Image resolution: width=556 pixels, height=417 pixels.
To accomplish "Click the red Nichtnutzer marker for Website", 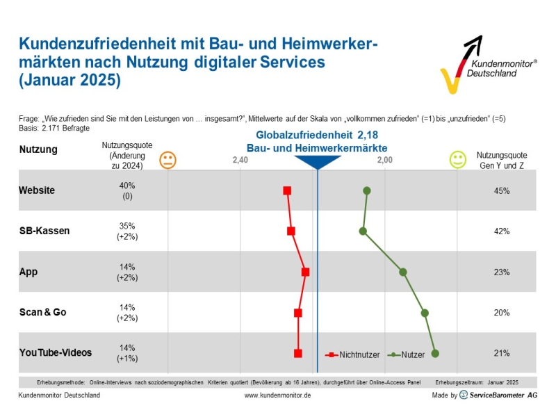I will click(287, 190).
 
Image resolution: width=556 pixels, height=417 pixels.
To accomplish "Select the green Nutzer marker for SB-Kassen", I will click(363, 231).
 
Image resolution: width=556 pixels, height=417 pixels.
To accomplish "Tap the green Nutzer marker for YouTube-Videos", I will click(435, 354).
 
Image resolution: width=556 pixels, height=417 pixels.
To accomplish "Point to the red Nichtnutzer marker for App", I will click(305, 272).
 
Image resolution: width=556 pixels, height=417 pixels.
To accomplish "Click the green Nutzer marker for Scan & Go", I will click(425, 313).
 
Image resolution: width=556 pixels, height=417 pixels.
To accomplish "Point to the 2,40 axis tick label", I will click(240, 161).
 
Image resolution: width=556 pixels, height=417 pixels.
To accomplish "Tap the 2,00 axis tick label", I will click(385, 161).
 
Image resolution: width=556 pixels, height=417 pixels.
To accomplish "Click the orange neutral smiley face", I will click(167, 160).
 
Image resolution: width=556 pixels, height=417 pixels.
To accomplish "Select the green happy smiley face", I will click(457, 160).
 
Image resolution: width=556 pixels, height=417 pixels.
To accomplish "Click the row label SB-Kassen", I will click(44, 231).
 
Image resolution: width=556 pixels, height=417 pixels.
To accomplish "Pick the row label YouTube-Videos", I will click(56, 352).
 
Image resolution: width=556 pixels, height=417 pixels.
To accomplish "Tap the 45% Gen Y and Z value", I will click(502, 190).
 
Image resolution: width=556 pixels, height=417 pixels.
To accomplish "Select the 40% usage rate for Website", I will click(127, 186).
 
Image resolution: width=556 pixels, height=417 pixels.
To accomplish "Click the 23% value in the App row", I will click(502, 272).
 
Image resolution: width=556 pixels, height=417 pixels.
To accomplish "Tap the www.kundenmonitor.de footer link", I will click(277, 395).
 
